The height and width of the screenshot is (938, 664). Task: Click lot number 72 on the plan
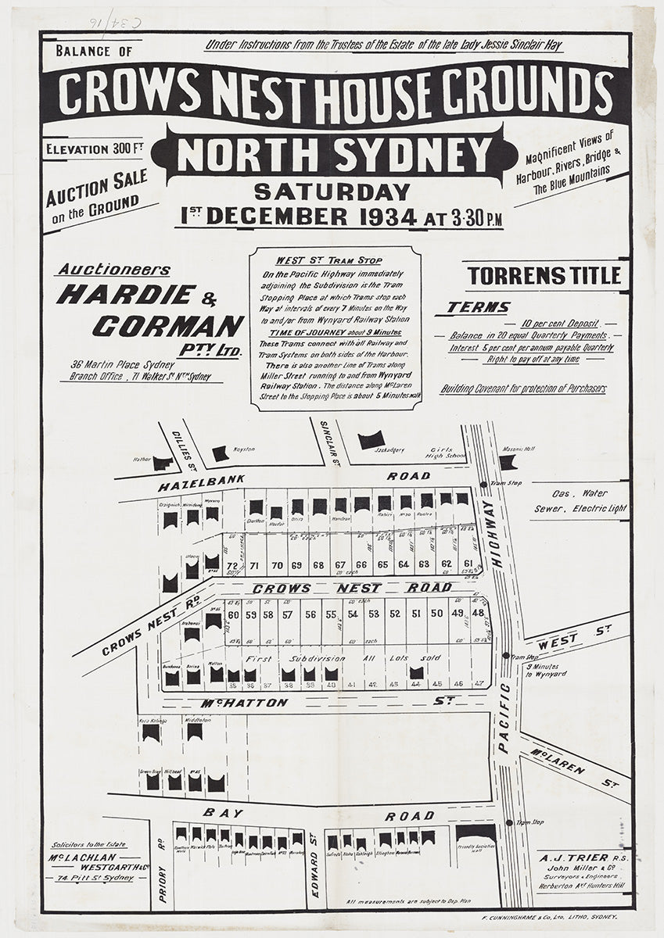point(232,564)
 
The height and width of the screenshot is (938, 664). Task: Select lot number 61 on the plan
point(468,564)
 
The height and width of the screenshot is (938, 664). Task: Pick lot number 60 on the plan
point(232,614)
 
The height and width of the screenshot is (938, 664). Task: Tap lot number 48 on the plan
point(478,614)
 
